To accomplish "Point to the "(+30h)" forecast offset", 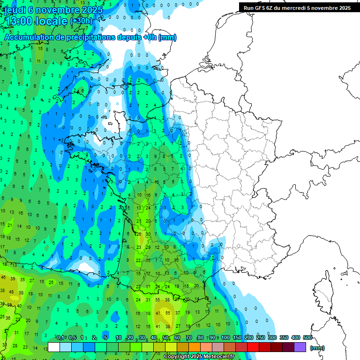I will [81, 21].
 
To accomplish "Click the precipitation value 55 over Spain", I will [168, 312].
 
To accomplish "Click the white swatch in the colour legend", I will [54, 347].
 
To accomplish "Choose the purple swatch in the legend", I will [300, 347].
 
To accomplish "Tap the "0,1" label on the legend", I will [60, 338].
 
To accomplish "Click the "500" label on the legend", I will [307, 338].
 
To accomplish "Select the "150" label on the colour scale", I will [237, 338].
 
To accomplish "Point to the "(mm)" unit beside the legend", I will [317, 348].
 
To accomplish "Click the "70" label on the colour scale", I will [189, 338].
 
